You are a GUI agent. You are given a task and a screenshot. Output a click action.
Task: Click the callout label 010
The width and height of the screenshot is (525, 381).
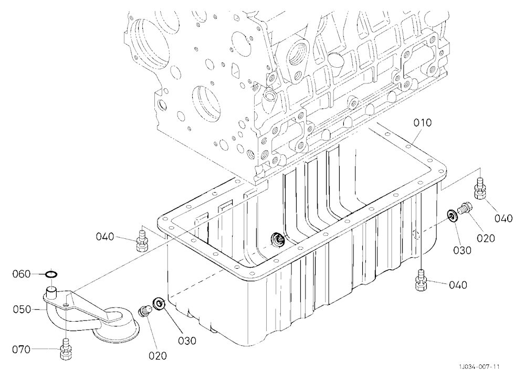[x=423, y=123]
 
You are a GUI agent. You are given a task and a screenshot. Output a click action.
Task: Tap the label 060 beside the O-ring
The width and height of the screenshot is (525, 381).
[x=22, y=274]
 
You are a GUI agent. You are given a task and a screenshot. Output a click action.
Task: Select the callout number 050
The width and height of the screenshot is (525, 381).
[x=22, y=309]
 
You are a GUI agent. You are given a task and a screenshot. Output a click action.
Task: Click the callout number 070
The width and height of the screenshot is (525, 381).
[x=21, y=350]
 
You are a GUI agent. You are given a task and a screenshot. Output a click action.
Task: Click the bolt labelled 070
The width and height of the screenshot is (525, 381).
[x=66, y=349]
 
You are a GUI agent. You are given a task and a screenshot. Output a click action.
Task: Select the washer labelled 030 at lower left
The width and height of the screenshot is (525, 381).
[x=158, y=304]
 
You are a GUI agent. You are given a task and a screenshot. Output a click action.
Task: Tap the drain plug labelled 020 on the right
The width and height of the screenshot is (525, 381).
[x=465, y=208]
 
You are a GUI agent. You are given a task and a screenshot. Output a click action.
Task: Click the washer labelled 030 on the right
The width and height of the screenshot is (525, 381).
[x=453, y=216]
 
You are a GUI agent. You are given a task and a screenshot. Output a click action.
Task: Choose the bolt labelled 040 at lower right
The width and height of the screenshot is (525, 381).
[x=422, y=280]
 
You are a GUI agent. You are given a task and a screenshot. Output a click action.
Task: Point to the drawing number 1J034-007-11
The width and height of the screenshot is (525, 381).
[x=479, y=367]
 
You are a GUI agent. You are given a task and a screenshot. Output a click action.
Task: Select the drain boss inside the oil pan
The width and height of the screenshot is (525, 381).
[x=278, y=240]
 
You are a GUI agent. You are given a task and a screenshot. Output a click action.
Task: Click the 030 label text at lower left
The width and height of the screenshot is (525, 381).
[x=186, y=341]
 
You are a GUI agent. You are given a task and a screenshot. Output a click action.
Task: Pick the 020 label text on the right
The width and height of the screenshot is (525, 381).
[x=486, y=238]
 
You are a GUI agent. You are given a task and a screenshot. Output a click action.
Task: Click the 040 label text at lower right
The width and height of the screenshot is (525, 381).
[x=458, y=285]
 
